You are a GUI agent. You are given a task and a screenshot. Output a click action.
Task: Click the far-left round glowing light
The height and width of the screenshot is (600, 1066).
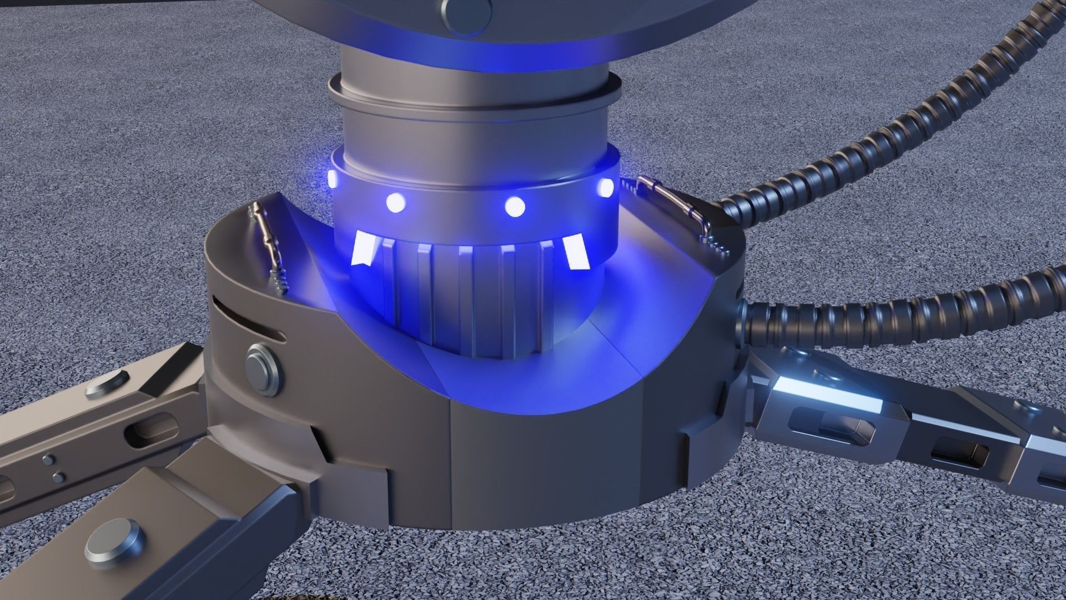(333, 178)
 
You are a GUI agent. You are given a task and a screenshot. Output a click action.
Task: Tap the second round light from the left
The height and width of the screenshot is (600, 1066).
(395, 203)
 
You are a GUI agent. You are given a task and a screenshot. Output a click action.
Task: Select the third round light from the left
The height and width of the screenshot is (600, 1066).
(515, 207)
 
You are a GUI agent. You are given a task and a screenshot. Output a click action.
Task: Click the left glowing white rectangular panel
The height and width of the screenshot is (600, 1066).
(364, 248)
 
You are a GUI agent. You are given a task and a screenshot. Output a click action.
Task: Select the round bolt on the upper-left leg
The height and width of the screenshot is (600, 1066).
(107, 384)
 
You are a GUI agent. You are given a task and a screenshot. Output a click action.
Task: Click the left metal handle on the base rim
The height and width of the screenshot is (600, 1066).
(269, 247)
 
